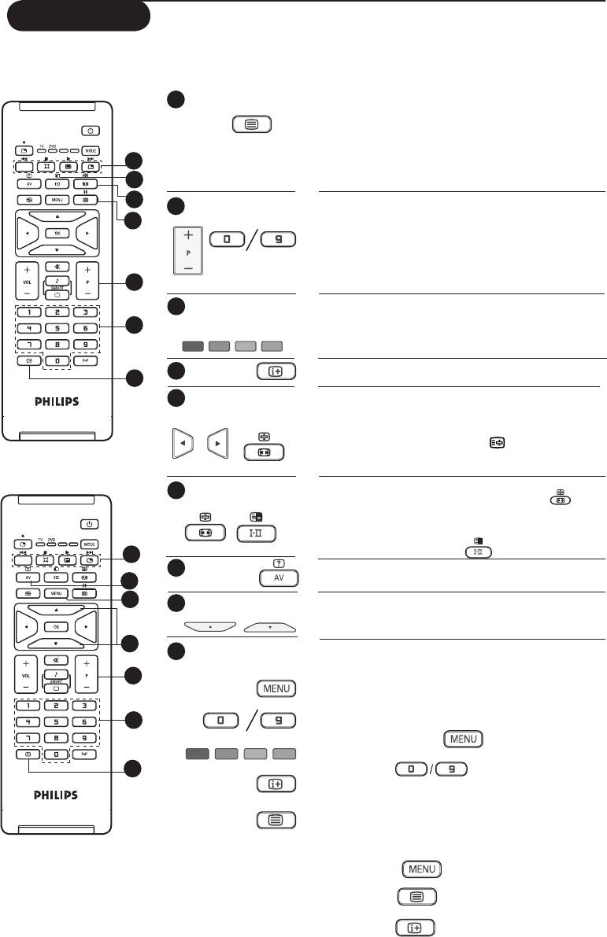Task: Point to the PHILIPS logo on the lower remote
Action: (57, 795)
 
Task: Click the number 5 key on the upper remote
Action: (57, 328)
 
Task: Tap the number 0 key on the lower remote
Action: (57, 754)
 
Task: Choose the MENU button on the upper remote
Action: (57, 200)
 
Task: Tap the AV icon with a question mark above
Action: (278, 577)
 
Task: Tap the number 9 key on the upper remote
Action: (85, 345)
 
